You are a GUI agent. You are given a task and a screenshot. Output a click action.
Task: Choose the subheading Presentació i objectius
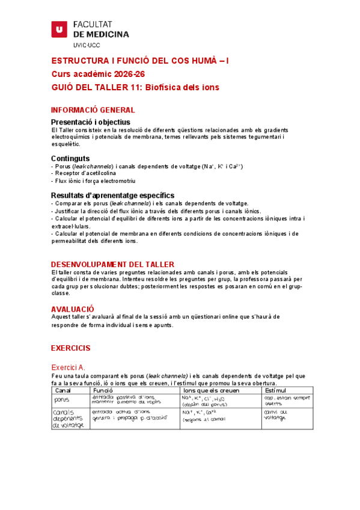99,122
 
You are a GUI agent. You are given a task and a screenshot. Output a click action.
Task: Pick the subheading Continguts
70,158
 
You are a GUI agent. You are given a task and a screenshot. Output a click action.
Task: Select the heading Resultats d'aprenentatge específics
112,195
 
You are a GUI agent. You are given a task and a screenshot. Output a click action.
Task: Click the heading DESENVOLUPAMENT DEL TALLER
112,265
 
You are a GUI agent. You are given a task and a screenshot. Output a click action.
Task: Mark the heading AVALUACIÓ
72,309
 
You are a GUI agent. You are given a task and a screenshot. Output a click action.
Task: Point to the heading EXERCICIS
70,348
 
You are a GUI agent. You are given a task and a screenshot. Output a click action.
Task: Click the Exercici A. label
69,367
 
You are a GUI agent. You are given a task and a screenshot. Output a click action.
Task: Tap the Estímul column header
275,391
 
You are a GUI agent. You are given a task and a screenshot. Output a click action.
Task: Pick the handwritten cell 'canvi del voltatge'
276,415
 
